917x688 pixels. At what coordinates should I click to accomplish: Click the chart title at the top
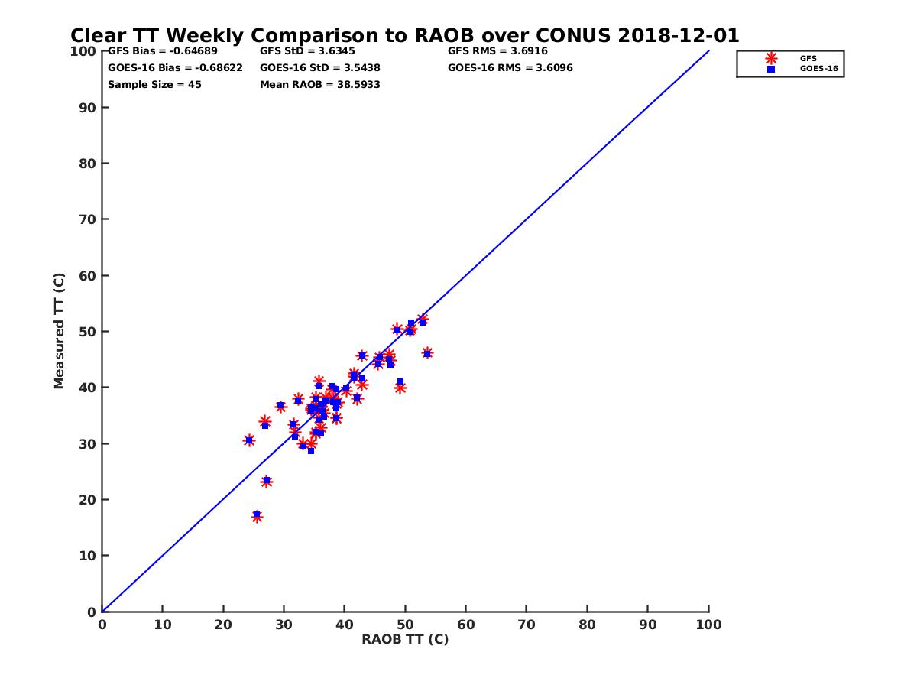point(404,35)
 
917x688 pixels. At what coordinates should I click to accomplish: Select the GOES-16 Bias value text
point(175,67)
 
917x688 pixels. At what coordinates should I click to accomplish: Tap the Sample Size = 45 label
point(154,84)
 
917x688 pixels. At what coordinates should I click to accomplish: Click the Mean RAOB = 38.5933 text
point(319,84)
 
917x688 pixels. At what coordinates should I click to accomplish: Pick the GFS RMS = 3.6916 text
point(497,51)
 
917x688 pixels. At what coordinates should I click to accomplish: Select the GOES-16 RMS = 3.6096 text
point(510,67)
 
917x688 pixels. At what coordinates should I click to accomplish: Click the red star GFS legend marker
point(771,58)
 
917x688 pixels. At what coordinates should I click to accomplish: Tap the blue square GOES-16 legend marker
point(771,69)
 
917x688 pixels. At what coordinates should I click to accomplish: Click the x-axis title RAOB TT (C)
point(405,639)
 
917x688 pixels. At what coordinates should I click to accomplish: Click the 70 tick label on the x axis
point(527,625)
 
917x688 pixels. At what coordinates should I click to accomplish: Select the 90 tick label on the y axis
point(87,107)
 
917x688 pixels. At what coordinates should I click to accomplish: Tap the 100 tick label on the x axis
point(708,625)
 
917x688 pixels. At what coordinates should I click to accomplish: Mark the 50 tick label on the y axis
point(87,331)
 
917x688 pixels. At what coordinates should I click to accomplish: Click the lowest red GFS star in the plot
point(257,517)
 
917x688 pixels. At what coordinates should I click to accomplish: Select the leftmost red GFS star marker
point(248,440)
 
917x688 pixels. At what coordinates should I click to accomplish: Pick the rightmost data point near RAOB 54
point(427,353)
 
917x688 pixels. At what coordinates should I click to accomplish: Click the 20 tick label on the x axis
point(223,625)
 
